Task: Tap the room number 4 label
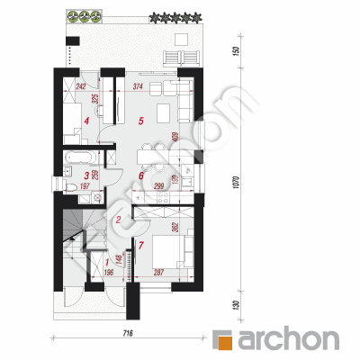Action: click(86, 120)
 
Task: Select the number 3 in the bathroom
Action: click(86, 175)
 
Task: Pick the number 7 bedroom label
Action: click(140, 245)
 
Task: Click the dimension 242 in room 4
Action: click(81, 87)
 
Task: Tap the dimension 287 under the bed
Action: click(157, 272)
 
